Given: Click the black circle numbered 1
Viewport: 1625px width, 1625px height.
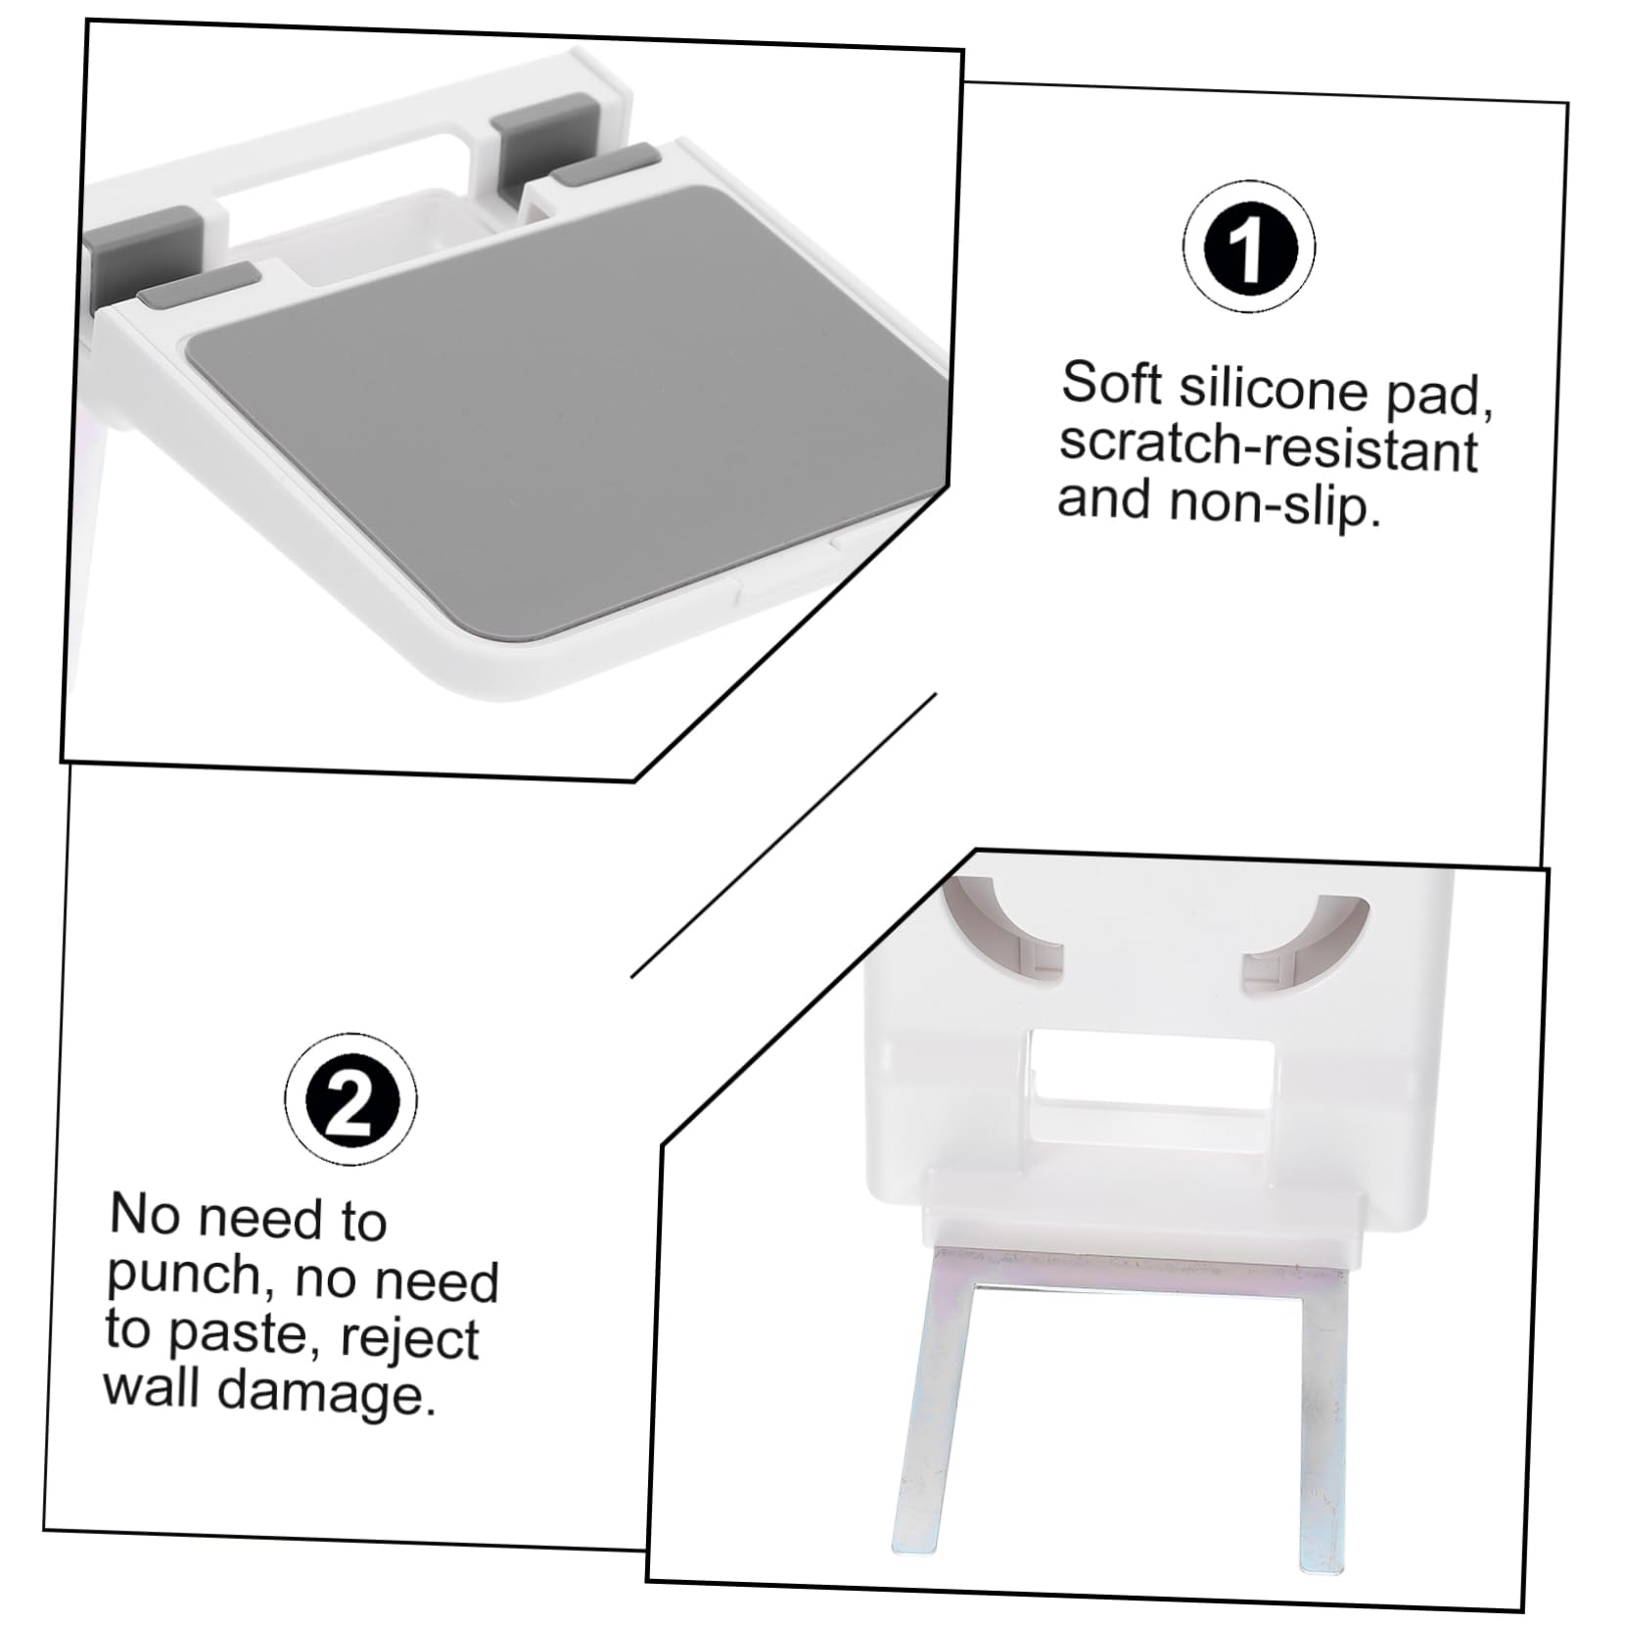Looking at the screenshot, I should click(1248, 247).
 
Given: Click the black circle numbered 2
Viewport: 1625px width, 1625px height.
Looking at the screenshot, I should click(351, 1099).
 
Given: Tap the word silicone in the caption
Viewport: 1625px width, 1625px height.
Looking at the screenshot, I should click(1273, 388).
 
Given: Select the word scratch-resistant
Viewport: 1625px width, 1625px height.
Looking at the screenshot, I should click(1268, 446).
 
